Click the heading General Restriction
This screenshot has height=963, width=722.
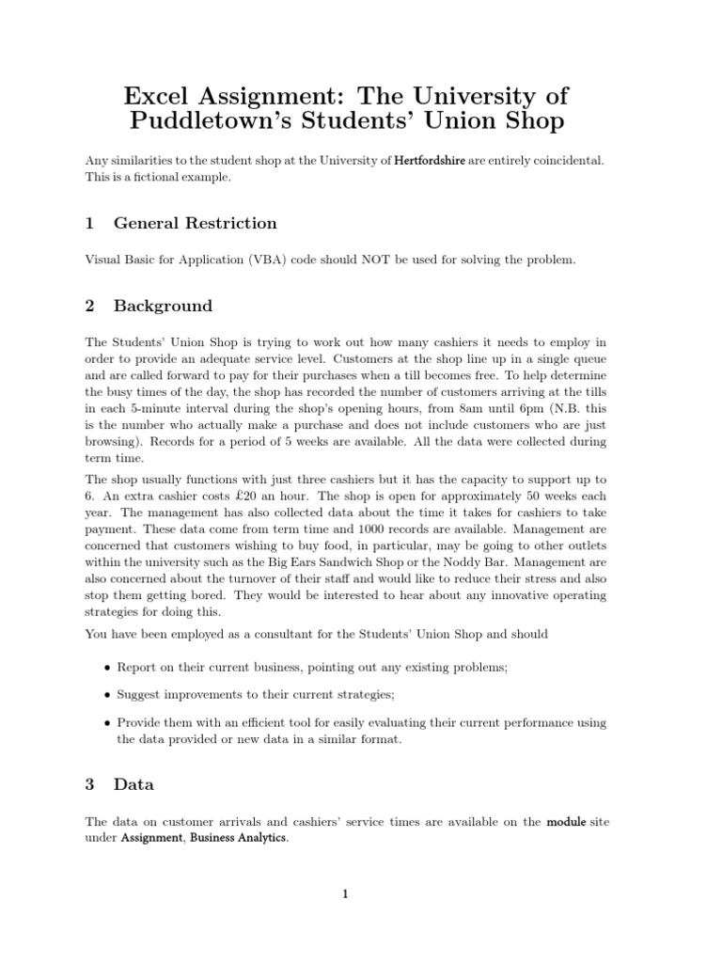coord(195,223)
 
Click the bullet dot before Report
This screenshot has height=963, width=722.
coord(105,667)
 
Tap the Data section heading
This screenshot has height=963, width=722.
coord(133,783)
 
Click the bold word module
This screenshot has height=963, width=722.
coord(566,821)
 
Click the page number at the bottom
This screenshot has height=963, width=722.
coord(345,895)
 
